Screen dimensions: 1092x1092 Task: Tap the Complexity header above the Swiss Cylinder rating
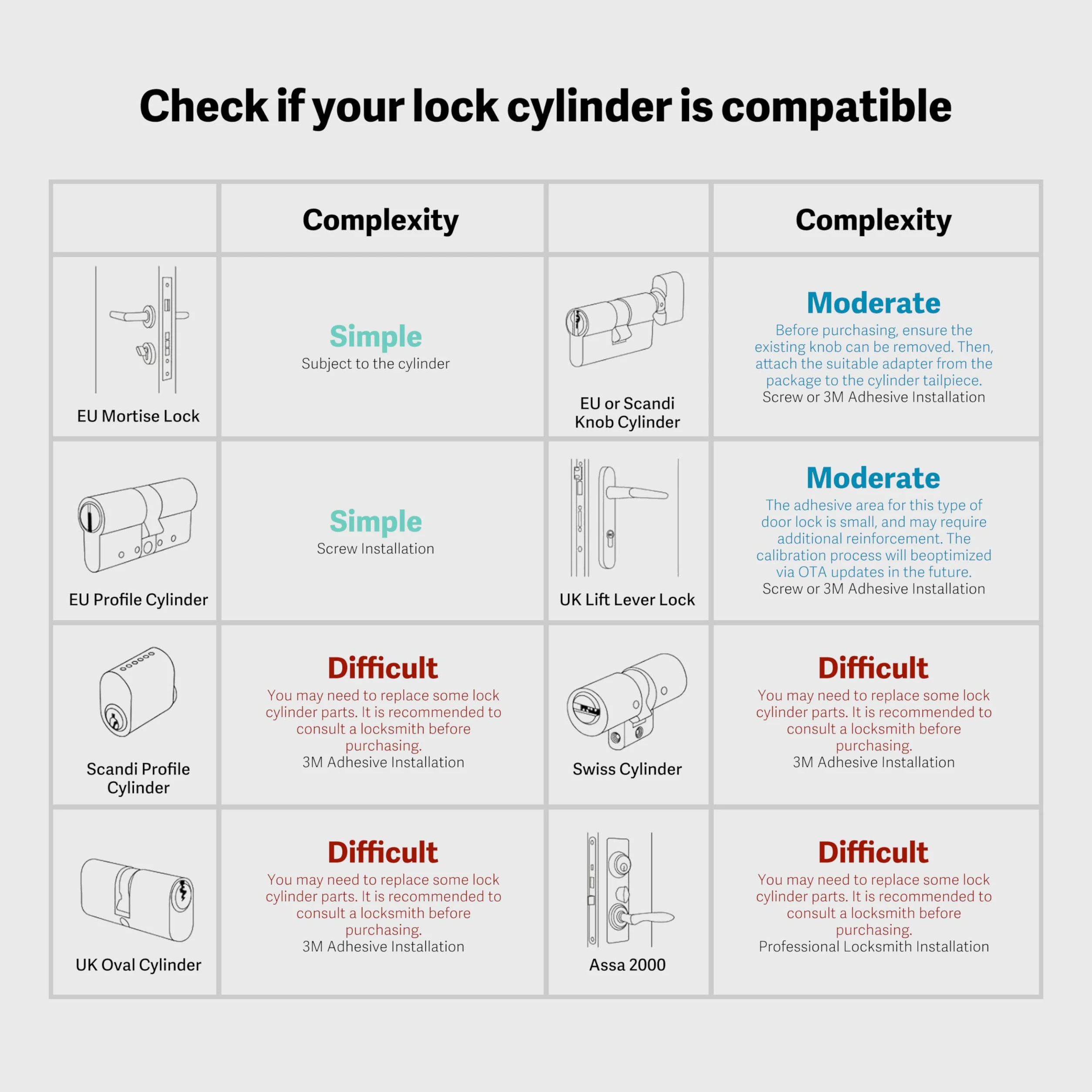pos(873,220)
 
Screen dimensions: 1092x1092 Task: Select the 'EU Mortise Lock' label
pos(138,416)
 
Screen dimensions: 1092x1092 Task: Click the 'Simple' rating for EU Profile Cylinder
pos(376,521)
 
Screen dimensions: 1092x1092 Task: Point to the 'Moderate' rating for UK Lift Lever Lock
pos(873,478)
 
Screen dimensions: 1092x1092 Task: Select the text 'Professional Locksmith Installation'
pos(874,947)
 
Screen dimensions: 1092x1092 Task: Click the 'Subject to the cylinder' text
pos(376,364)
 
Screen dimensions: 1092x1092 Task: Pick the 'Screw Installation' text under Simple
pos(376,548)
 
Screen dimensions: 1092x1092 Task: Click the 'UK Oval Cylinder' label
pos(138,965)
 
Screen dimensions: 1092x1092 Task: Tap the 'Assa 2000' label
pos(627,965)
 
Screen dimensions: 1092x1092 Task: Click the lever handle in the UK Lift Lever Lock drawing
pos(636,493)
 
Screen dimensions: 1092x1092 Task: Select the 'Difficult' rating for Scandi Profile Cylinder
pos(383,667)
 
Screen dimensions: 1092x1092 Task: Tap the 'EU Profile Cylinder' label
pos(138,600)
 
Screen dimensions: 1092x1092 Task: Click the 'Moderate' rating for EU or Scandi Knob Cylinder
pos(873,303)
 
